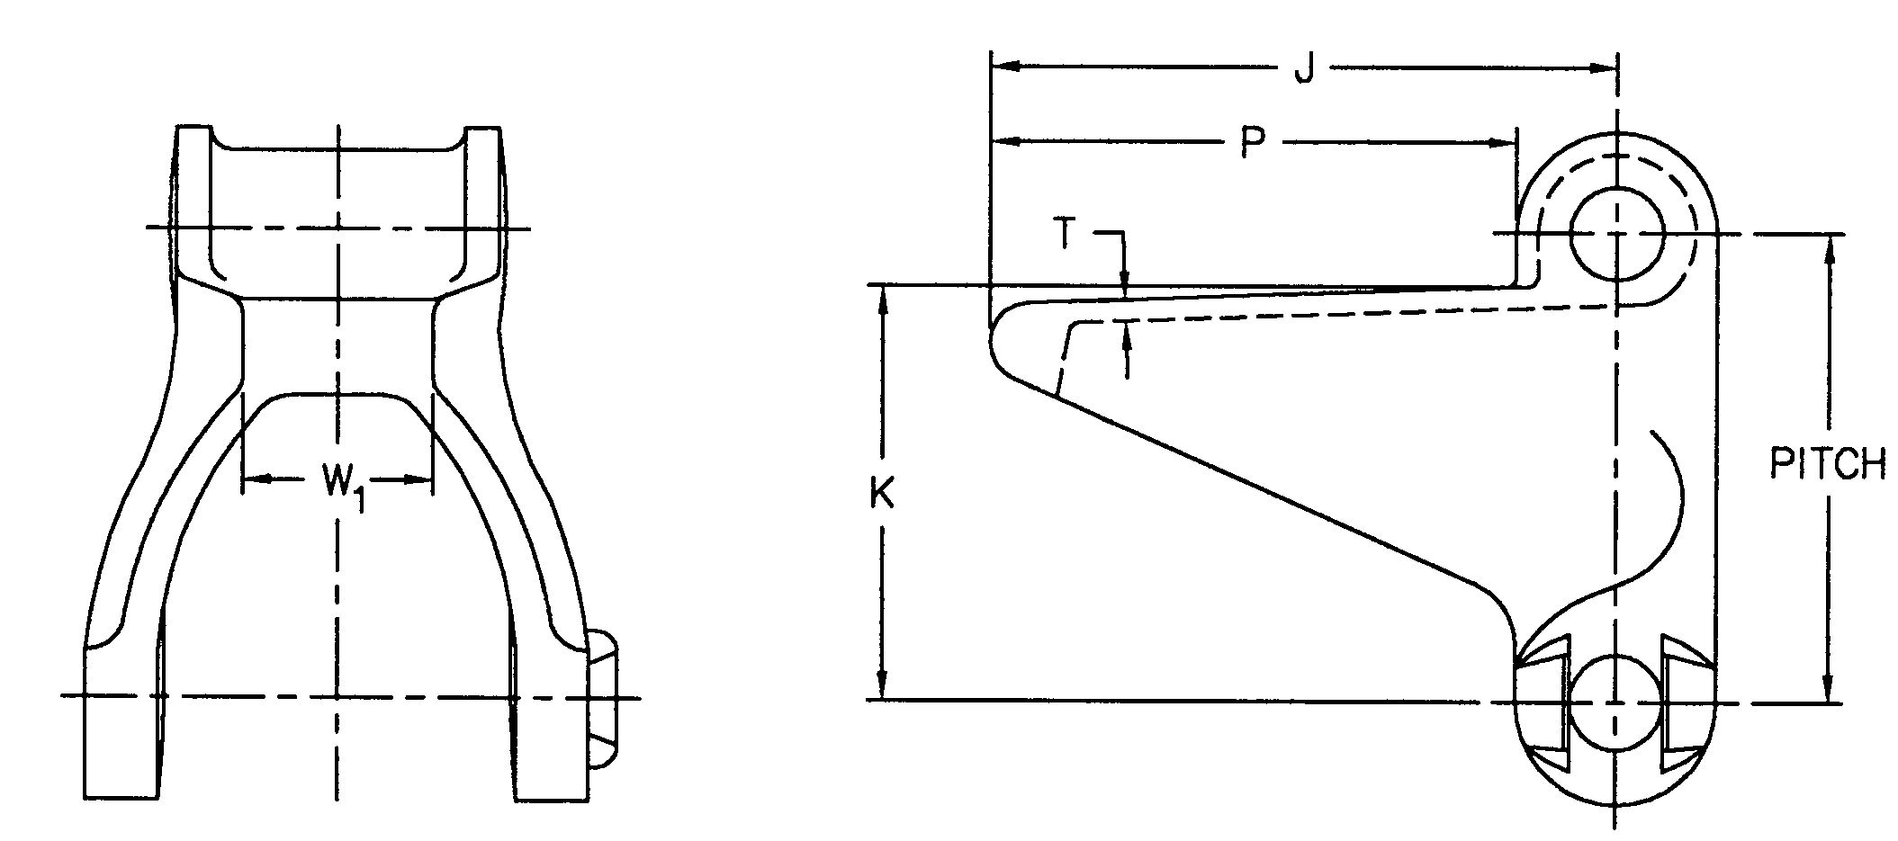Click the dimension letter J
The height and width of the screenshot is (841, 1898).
coord(1303,68)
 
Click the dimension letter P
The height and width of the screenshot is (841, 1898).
coord(1253,143)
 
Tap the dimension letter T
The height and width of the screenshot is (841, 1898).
coord(1066,234)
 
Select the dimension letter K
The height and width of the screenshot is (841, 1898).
coord(881,494)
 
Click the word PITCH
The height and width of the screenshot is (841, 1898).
coord(1827,465)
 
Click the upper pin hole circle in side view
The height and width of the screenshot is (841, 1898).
coord(1617,234)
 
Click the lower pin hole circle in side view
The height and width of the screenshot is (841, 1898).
coord(1617,702)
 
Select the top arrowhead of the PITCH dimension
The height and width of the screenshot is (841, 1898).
coord(1828,248)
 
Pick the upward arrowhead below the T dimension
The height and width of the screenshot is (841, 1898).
coord(1126,337)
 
